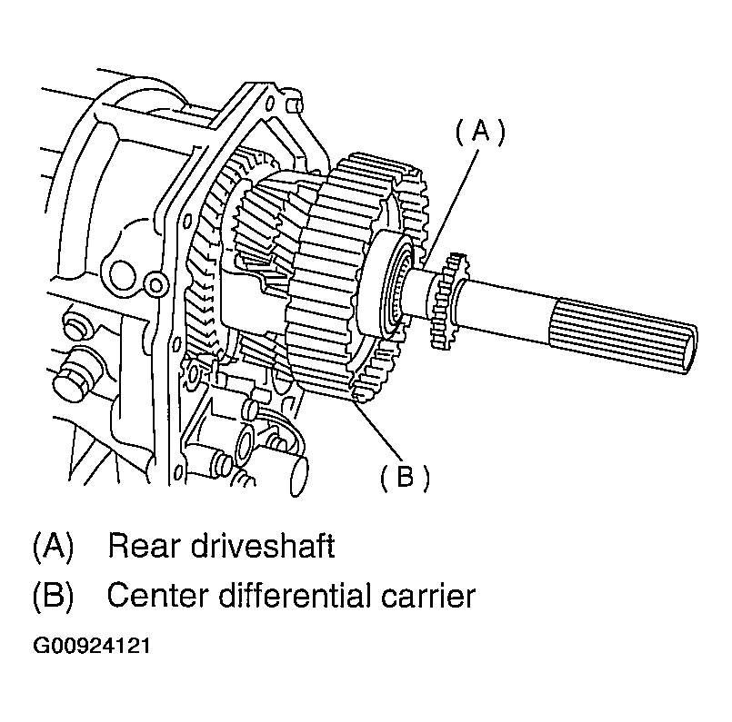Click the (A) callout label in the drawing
pyautogui.click(x=480, y=132)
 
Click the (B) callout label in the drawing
pyautogui.click(x=405, y=477)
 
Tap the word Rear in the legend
pyautogui.click(x=145, y=546)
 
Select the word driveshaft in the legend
pyautogui.click(x=263, y=545)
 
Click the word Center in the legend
pyautogui.click(x=156, y=596)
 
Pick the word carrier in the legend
pyautogui.click(x=428, y=596)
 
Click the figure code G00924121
pyautogui.click(x=92, y=646)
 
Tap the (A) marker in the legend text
pyautogui.click(x=54, y=546)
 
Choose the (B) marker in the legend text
pyautogui.click(x=54, y=596)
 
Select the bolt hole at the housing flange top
pyautogui.click(x=270, y=104)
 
